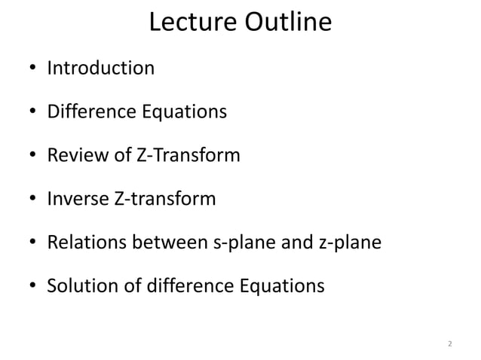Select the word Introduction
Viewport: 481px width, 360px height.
tap(100, 69)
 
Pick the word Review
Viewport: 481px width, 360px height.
tap(74, 156)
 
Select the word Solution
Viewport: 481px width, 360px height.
tap(78, 287)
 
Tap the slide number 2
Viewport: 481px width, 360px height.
tap(449, 344)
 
